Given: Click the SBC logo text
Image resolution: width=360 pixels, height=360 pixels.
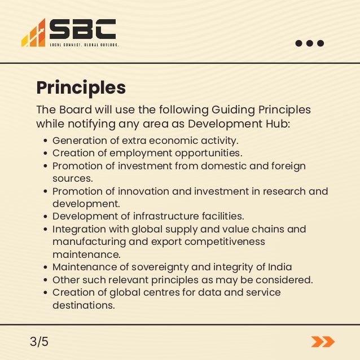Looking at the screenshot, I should click(x=82, y=29).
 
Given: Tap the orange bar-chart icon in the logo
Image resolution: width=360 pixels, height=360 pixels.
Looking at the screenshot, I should click(x=33, y=34).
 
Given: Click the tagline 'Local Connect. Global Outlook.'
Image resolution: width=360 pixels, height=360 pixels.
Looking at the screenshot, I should click(x=84, y=45).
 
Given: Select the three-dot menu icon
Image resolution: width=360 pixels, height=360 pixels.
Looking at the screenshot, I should click(x=310, y=43).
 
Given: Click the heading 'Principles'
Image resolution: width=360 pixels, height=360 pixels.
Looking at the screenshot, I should click(x=81, y=88).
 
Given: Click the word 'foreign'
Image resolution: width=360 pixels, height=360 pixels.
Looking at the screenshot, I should click(x=289, y=166).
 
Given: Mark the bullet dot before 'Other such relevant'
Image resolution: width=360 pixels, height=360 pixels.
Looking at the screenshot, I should click(x=45, y=280).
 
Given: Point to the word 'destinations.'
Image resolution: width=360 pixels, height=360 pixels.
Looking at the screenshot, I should click(x=84, y=305).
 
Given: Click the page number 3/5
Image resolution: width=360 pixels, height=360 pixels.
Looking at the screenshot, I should click(x=39, y=341).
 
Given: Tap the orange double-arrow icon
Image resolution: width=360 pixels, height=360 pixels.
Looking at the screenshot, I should click(x=323, y=341).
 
